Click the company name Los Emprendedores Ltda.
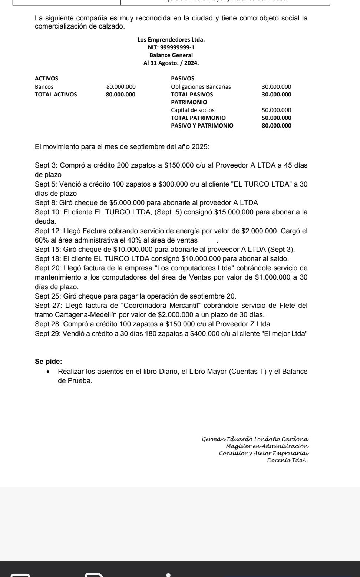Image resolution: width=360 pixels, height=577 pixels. tap(171, 39)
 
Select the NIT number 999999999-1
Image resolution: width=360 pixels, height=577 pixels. tap(171, 47)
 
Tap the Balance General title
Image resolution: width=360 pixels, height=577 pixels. tap(171, 55)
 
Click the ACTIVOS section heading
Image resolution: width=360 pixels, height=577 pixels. tap(46, 78)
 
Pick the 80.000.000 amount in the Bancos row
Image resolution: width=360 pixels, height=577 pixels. tap(121, 86)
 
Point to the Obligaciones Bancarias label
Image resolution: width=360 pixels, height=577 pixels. tap(201, 86)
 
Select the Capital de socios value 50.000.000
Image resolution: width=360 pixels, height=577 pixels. tap(276, 110)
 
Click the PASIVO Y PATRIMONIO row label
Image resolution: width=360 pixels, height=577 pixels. tap(202, 125)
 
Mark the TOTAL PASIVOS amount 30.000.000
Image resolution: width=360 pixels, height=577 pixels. tap(276, 94)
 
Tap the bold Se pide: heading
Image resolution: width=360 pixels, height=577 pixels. tap(49, 361)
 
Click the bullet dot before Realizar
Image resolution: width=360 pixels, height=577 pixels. tap(48, 372)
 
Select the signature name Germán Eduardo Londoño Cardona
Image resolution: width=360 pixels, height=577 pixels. tap(255, 439)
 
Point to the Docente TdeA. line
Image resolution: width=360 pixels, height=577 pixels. tap(287, 460)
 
